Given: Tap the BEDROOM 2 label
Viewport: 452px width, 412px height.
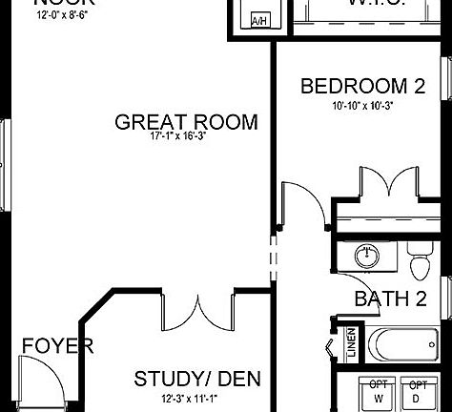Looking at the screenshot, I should [362, 87].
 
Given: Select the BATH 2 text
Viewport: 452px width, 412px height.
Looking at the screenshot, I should [390, 299].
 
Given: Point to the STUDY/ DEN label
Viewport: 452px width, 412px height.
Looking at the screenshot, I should [198, 379].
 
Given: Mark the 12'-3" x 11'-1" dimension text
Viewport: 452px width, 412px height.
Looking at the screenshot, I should [197, 398].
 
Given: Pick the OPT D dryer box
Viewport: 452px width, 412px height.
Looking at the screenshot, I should [418, 392].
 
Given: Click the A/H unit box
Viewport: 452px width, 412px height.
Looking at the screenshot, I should [258, 19].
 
